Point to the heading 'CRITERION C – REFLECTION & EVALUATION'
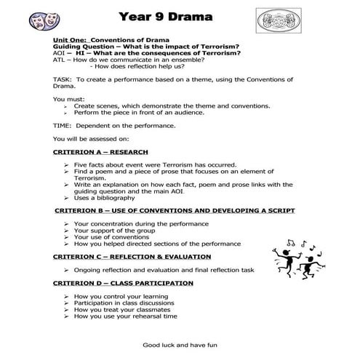(132, 257)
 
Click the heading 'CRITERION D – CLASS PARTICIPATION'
(123, 283)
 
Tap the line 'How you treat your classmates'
(121, 310)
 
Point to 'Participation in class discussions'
(128, 303)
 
